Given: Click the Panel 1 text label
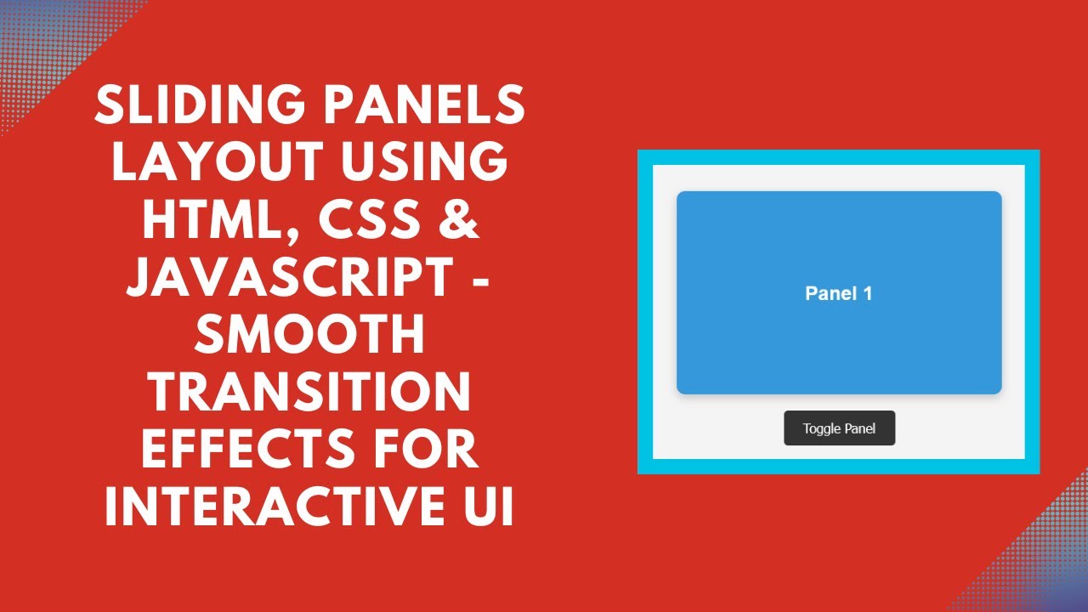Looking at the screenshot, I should (838, 293).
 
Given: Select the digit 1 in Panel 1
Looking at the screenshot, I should (867, 293).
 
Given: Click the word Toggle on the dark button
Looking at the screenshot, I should (821, 428).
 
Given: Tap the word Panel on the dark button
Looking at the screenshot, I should (859, 428).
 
